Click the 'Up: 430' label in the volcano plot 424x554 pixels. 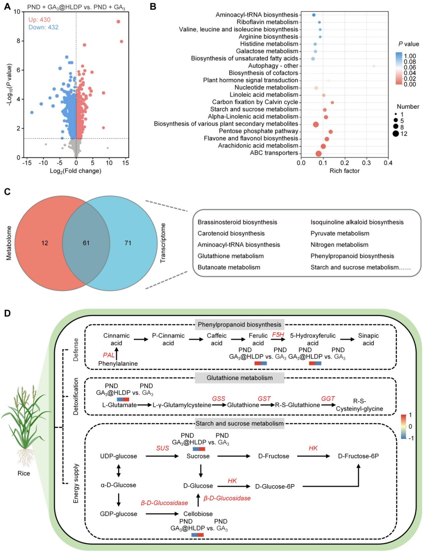(39, 20)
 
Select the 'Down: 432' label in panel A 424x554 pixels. (43, 27)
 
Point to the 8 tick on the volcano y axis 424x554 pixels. (18, 41)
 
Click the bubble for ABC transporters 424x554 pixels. (318, 154)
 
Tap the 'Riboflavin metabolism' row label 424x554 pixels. (267, 22)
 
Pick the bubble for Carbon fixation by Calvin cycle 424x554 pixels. (333, 102)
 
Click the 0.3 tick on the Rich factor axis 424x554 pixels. (366, 163)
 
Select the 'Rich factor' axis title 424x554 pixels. (344, 171)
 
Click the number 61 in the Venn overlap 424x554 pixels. (86, 243)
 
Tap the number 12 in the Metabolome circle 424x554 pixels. (45, 243)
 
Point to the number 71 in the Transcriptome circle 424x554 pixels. (128, 243)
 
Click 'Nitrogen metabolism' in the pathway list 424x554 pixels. (340, 244)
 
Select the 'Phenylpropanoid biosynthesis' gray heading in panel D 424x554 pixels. (239, 324)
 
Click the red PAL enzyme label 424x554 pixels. (109, 355)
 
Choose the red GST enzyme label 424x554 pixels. (264, 399)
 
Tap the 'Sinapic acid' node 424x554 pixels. (368, 339)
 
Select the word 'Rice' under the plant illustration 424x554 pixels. (24, 473)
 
